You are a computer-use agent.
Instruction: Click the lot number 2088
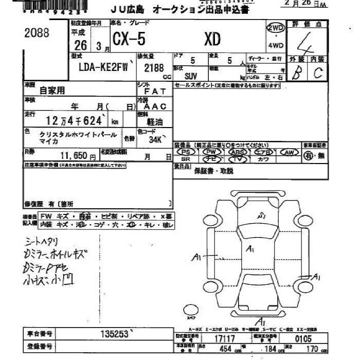click(37, 33)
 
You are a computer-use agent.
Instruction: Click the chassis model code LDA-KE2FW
click(103, 66)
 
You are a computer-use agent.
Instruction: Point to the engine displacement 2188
click(154, 67)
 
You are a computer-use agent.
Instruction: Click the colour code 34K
click(155, 139)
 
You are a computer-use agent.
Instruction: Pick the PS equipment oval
click(186, 152)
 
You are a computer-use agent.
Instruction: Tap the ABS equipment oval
click(237, 152)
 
